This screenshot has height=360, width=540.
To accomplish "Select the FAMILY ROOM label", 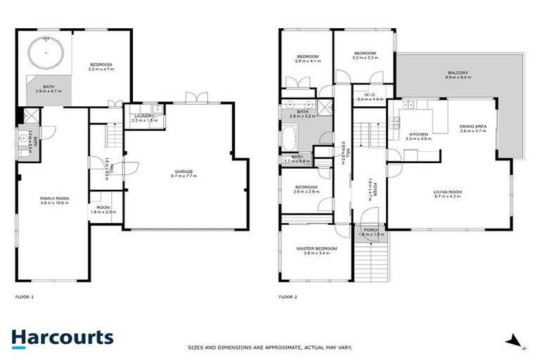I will click(x=52, y=199).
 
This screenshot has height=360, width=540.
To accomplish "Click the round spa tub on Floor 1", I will click(x=46, y=53).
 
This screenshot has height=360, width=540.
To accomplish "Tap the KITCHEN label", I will click(x=419, y=134).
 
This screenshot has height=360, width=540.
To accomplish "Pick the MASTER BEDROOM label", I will click(x=317, y=248).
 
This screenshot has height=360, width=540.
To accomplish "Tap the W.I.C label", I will click(x=371, y=94).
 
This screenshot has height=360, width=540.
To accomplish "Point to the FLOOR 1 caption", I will click(x=25, y=297).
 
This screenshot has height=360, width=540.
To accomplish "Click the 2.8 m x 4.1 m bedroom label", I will click(x=307, y=61).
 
